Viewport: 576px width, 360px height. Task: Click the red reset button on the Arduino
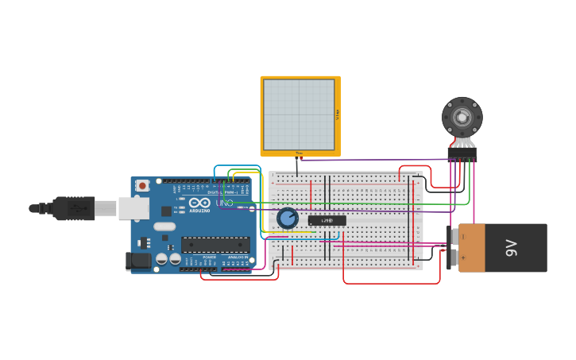[x=142, y=186]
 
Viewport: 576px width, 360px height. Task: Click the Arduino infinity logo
[x=199, y=203]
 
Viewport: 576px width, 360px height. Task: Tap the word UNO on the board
[x=225, y=203]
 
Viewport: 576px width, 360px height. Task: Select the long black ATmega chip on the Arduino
[x=215, y=245]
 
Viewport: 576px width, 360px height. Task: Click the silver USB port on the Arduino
[x=133, y=208]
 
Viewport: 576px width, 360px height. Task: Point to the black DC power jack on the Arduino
[x=139, y=261]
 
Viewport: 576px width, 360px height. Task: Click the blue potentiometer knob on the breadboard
[x=287, y=218]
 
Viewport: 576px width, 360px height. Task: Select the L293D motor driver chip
[x=327, y=220]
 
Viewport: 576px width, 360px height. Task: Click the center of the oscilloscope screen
[x=299, y=114]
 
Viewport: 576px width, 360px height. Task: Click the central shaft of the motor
[x=462, y=118]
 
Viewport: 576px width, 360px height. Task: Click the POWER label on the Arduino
[x=209, y=257]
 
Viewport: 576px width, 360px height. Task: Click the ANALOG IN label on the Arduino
[x=237, y=257]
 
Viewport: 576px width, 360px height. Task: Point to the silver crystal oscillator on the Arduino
[x=164, y=226]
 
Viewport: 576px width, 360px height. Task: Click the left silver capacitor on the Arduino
[x=161, y=258]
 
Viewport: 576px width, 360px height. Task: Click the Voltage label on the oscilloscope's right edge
[x=338, y=114]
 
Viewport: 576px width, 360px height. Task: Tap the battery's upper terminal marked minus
[x=456, y=237]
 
